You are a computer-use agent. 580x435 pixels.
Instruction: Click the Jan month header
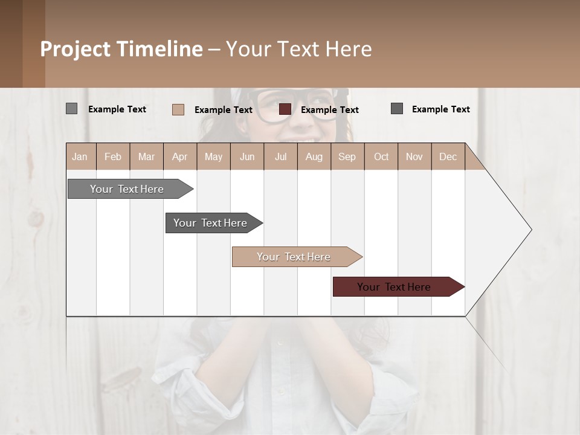point(80,156)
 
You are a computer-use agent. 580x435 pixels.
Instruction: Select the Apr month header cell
point(180,156)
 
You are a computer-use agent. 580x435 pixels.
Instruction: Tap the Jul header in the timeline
point(280,156)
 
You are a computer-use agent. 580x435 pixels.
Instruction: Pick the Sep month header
point(347,156)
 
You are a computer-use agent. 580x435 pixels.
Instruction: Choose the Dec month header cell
point(448,156)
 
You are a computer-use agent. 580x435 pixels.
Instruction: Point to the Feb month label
point(113,156)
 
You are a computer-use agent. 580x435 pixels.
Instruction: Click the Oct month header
point(381,156)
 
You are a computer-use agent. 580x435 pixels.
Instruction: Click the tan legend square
point(178,109)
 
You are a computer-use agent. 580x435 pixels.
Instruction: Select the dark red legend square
point(285,109)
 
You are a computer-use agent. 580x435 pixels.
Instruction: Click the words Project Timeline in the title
point(121,49)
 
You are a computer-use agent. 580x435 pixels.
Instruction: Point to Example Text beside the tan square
point(224,110)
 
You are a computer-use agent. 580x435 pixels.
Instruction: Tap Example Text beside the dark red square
point(330,110)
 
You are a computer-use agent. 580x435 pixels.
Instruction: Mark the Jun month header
point(247,156)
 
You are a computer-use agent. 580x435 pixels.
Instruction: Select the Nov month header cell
point(414,156)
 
